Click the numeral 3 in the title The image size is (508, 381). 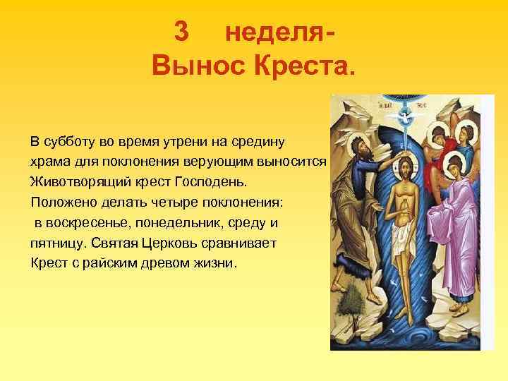(x=181, y=33)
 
